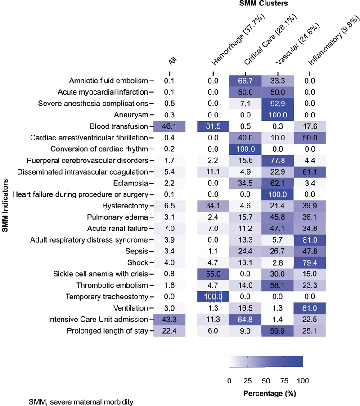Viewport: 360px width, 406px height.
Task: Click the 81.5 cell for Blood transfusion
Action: point(213,126)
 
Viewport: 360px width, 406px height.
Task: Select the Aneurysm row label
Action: point(131,115)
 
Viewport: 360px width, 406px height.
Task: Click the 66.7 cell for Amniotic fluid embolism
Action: point(245,81)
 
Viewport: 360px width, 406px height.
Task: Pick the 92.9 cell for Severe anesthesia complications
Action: point(278,104)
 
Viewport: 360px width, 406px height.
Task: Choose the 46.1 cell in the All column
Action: point(169,126)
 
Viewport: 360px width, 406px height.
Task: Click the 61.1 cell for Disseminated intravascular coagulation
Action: point(310,172)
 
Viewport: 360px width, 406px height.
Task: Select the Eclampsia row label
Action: point(130,183)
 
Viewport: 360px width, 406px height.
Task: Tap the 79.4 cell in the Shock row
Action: point(310,262)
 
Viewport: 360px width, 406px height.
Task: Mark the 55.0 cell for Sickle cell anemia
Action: point(213,274)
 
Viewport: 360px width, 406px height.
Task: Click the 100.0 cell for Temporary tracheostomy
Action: point(213,297)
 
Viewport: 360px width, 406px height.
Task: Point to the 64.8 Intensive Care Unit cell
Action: point(245,320)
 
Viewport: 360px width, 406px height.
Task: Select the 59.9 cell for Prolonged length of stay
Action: point(278,331)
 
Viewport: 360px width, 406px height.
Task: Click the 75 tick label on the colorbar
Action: point(284,381)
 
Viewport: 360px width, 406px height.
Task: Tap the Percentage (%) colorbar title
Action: point(270,393)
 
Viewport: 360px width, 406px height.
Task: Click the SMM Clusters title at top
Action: point(263,3)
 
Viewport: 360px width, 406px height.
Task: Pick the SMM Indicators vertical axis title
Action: point(5,206)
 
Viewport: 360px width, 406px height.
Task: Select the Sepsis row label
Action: point(137,251)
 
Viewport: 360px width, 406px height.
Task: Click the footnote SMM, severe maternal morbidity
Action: point(81,401)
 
